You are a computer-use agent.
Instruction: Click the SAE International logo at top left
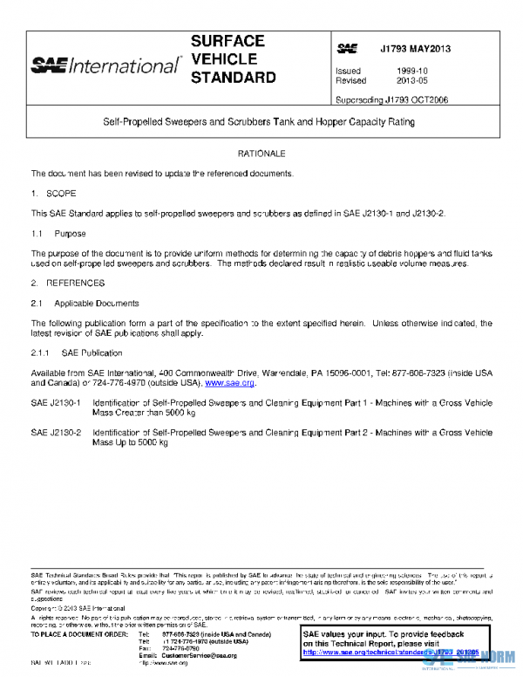click(x=105, y=65)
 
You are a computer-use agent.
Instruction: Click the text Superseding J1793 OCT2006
click(x=392, y=100)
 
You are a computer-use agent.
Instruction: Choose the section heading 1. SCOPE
click(x=54, y=191)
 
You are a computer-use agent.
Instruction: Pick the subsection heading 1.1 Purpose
click(x=60, y=234)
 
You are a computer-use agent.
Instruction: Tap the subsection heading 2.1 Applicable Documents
click(x=85, y=304)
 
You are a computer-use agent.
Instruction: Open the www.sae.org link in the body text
click(x=229, y=382)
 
